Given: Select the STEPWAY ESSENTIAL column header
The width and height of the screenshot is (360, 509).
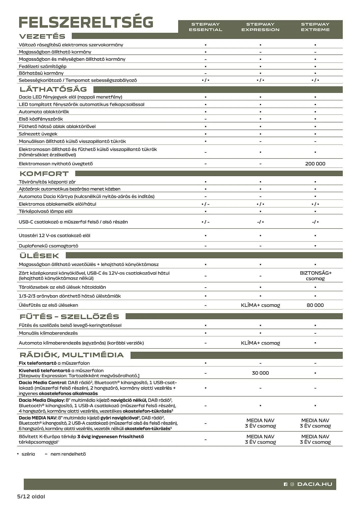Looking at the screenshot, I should tap(205, 27).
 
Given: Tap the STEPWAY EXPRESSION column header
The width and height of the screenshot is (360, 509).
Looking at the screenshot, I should tap(260, 27).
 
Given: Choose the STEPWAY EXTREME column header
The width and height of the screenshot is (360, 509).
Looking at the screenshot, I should tap(315, 27).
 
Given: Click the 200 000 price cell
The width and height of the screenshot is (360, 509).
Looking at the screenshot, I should tap(315, 164).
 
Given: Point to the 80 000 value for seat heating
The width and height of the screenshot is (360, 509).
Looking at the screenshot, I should tap(315, 305).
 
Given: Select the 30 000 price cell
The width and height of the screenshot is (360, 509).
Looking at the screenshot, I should tap(260, 373).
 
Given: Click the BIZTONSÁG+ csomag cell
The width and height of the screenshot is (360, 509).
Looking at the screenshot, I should tap(315, 276).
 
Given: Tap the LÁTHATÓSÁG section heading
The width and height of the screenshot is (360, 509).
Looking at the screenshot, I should tap(53, 89).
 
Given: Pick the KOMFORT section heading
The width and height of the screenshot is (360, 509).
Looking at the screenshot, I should tap(44, 174).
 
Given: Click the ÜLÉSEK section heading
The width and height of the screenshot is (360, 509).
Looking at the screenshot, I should tap(39, 256).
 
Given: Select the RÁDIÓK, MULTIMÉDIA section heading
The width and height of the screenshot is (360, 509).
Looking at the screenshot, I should tap(72, 355).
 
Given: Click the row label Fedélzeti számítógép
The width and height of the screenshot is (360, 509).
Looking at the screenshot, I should tap(43, 66).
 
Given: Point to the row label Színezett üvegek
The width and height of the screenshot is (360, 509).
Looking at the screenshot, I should tap(38, 134).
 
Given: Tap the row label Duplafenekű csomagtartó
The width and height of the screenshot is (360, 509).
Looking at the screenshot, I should tap(48, 246).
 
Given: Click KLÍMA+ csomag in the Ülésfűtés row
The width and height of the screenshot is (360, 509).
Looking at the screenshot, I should tap(260, 305).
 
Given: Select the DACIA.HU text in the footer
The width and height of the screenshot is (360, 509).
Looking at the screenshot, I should tap(315, 484).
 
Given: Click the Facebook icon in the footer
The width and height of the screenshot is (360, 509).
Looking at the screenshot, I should tap(285, 484).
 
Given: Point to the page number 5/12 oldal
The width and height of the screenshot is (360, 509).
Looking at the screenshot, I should tap(31, 497).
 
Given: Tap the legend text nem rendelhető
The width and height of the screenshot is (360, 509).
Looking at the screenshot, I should tap(68, 454).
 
